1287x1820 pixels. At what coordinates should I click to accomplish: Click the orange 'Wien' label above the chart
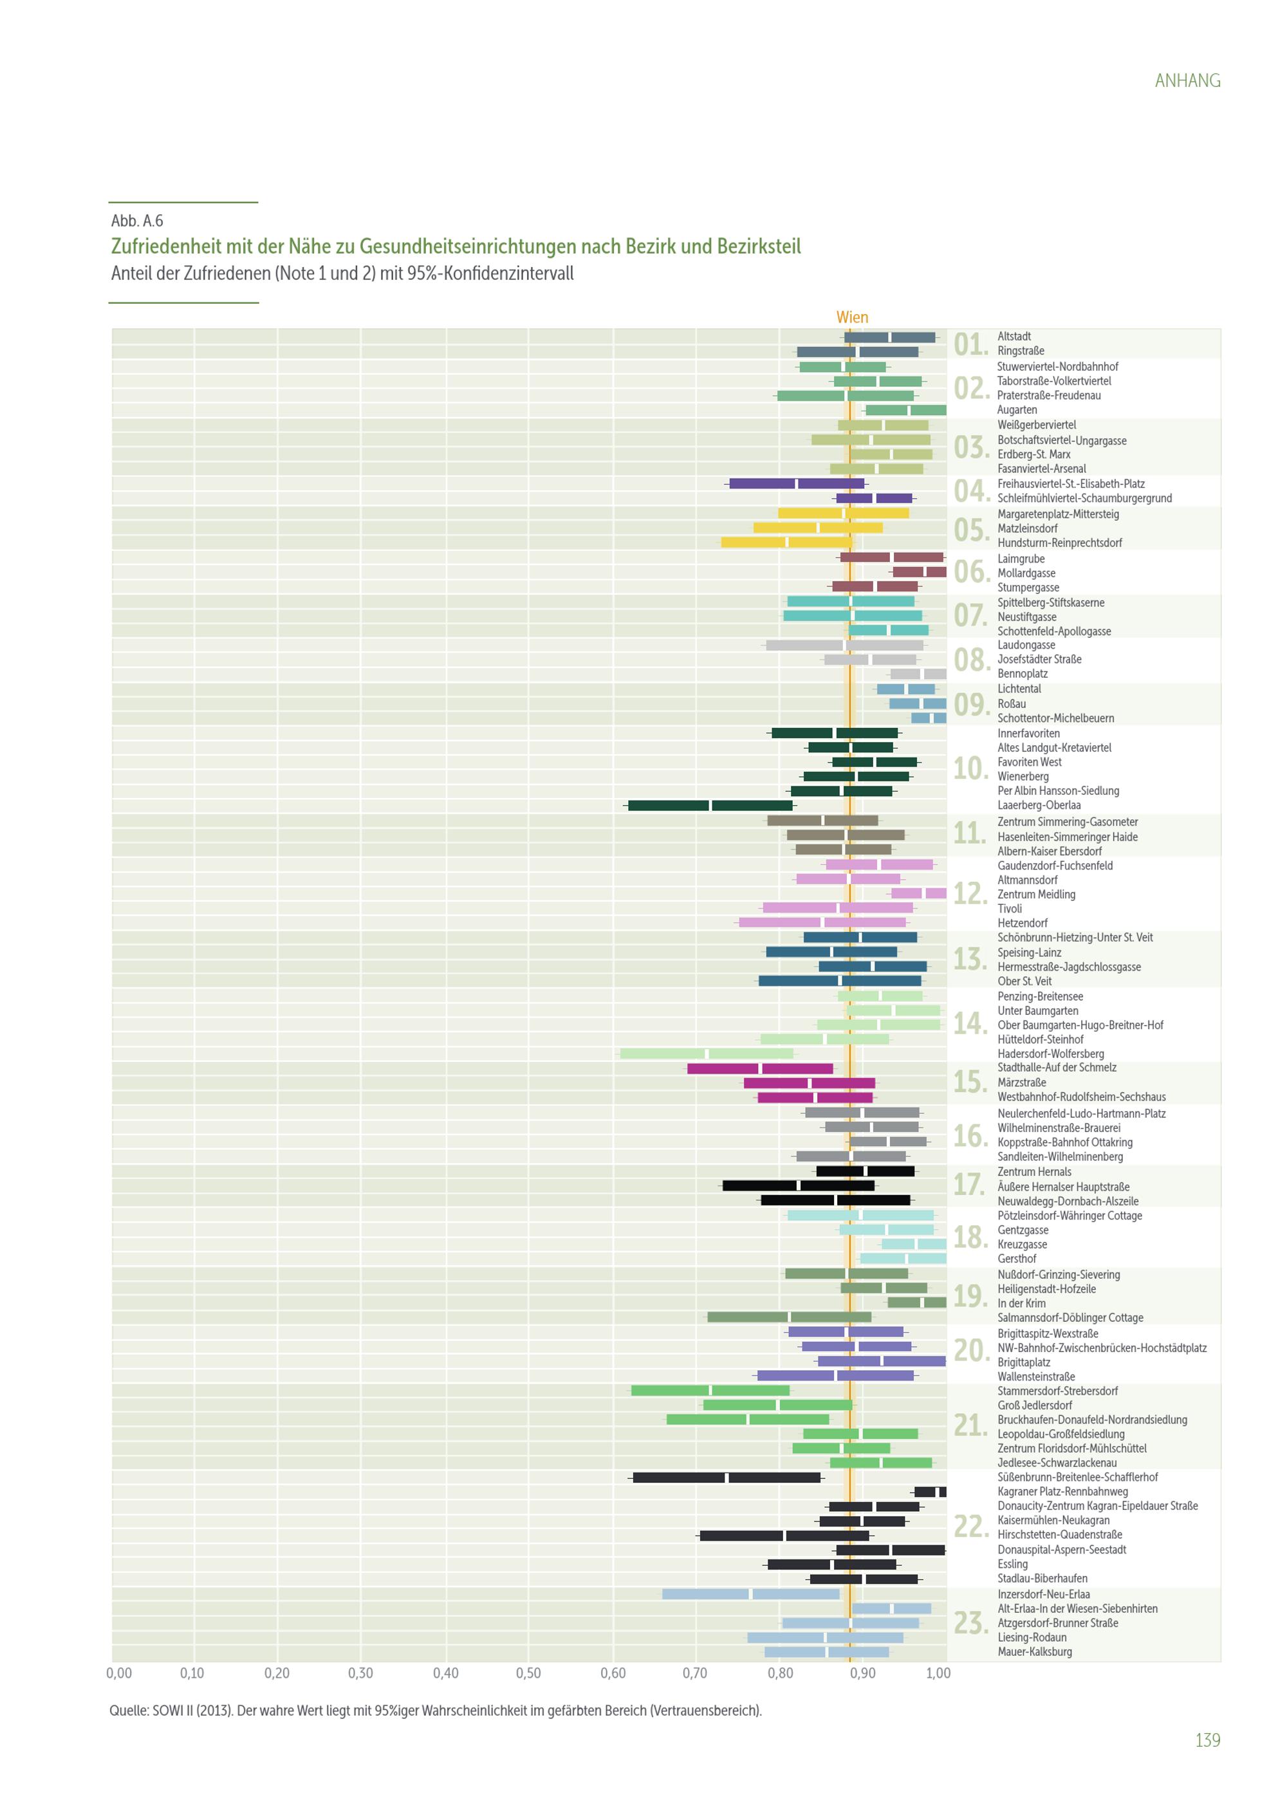(x=852, y=317)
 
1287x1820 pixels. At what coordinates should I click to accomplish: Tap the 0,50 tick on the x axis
(x=528, y=1673)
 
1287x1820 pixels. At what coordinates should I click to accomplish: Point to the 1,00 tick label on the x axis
(x=938, y=1673)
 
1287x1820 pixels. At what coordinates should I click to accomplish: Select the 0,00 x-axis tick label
(x=119, y=1673)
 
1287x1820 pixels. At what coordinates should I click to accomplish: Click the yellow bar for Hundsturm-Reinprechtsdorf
(x=786, y=542)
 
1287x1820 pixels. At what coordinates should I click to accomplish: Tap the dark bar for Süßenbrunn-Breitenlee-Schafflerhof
(x=726, y=1478)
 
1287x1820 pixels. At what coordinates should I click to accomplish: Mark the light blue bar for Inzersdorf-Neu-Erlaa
(x=750, y=1594)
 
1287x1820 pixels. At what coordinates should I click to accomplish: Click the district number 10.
(x=970, y=769)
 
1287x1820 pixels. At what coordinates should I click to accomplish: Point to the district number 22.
(x=970, y=1527)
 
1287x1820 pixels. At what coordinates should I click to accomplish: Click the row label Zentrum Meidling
(x=1036, y=894)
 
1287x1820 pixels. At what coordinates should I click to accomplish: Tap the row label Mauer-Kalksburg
(x=1034, y=1652)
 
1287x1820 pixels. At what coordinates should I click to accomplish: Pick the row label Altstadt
(x=1014, y=336)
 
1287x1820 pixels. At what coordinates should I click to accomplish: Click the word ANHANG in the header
(x=1187, y=81)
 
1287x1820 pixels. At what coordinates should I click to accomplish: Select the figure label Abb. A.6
(x=137, y=221)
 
